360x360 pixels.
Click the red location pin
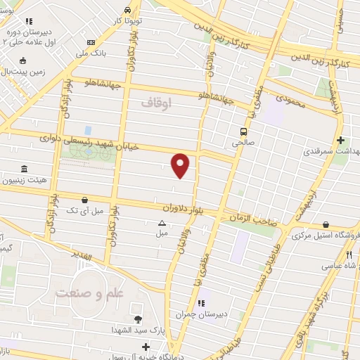tap(181, 165)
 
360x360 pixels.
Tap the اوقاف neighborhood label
tap(155, 103)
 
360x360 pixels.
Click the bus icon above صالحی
tap(244, 131)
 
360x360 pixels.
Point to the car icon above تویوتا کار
tap(127, 10)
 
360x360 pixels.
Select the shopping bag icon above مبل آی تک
tap(85, 200)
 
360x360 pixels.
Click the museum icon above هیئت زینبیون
tap(25, 169)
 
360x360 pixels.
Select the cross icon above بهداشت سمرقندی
tap(341, 140)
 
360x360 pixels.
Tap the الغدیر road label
tap(82, 255)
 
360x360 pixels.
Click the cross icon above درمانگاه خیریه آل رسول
tap(146, 347)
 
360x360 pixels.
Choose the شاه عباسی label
tap(337, 266)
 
